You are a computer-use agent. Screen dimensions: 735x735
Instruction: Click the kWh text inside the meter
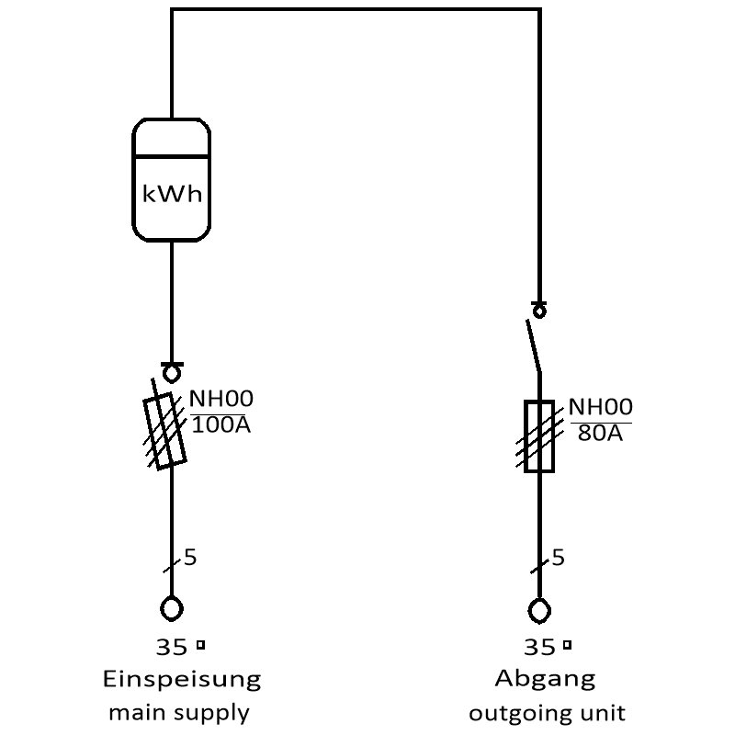coord(172,195)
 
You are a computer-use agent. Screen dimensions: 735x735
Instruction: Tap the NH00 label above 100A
coord(221,399)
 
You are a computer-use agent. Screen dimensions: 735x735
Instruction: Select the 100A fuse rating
coord(221,425)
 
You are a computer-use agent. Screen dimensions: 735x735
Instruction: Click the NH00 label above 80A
coord(601,407)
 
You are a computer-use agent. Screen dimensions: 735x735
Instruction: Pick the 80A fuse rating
coord(601,433)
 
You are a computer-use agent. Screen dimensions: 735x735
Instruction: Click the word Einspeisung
coord(181,681)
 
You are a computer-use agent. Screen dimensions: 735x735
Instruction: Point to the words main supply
coord(179,712)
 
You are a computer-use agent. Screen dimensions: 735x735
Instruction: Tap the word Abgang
coord(545,680)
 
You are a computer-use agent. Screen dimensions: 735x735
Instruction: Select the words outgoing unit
coord(547,712)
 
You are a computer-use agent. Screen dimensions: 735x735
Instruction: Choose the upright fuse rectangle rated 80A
coord(539,436)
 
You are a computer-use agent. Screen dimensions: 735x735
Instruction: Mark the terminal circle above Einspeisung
coord(171,608)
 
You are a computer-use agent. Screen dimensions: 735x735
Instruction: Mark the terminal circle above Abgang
coord(539,610)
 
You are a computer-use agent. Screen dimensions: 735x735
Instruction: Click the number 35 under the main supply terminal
coord(171,648)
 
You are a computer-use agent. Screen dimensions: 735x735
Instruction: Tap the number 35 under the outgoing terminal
coord(539,648)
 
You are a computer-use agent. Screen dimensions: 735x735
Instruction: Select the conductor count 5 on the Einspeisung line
coord(190,557)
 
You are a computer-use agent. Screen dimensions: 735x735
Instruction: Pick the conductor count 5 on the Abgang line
coord(559,558)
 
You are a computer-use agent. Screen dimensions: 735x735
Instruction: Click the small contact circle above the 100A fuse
coord(171,373)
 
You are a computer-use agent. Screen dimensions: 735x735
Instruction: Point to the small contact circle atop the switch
coord(539,311)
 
